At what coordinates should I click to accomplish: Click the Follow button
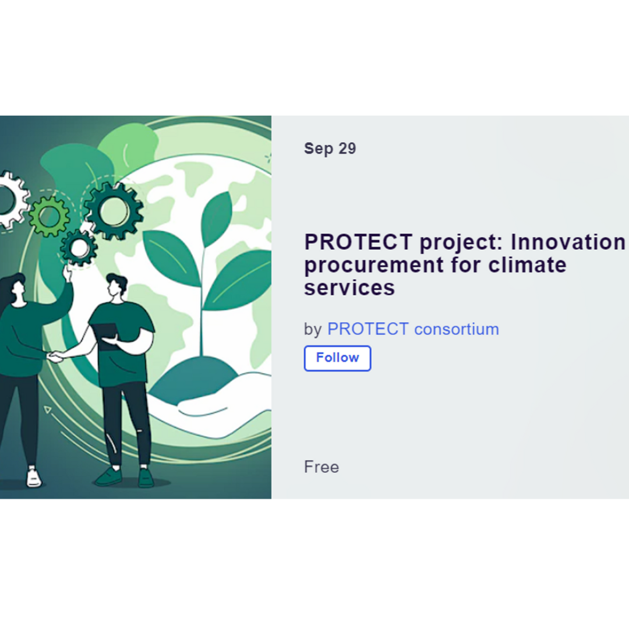337,358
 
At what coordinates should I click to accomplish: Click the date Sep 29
330,149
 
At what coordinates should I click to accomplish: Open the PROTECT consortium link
413,329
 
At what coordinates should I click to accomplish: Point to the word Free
321,467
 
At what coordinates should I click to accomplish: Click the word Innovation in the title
568,242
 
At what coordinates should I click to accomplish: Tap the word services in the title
349,288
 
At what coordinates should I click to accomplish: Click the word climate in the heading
527,265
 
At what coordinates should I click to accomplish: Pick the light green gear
50,216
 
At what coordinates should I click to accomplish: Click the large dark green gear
114,211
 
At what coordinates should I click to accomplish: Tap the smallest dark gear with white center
79,248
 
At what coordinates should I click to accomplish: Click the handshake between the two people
55,356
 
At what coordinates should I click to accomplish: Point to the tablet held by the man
105,333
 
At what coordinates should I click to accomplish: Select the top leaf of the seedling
217,218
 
